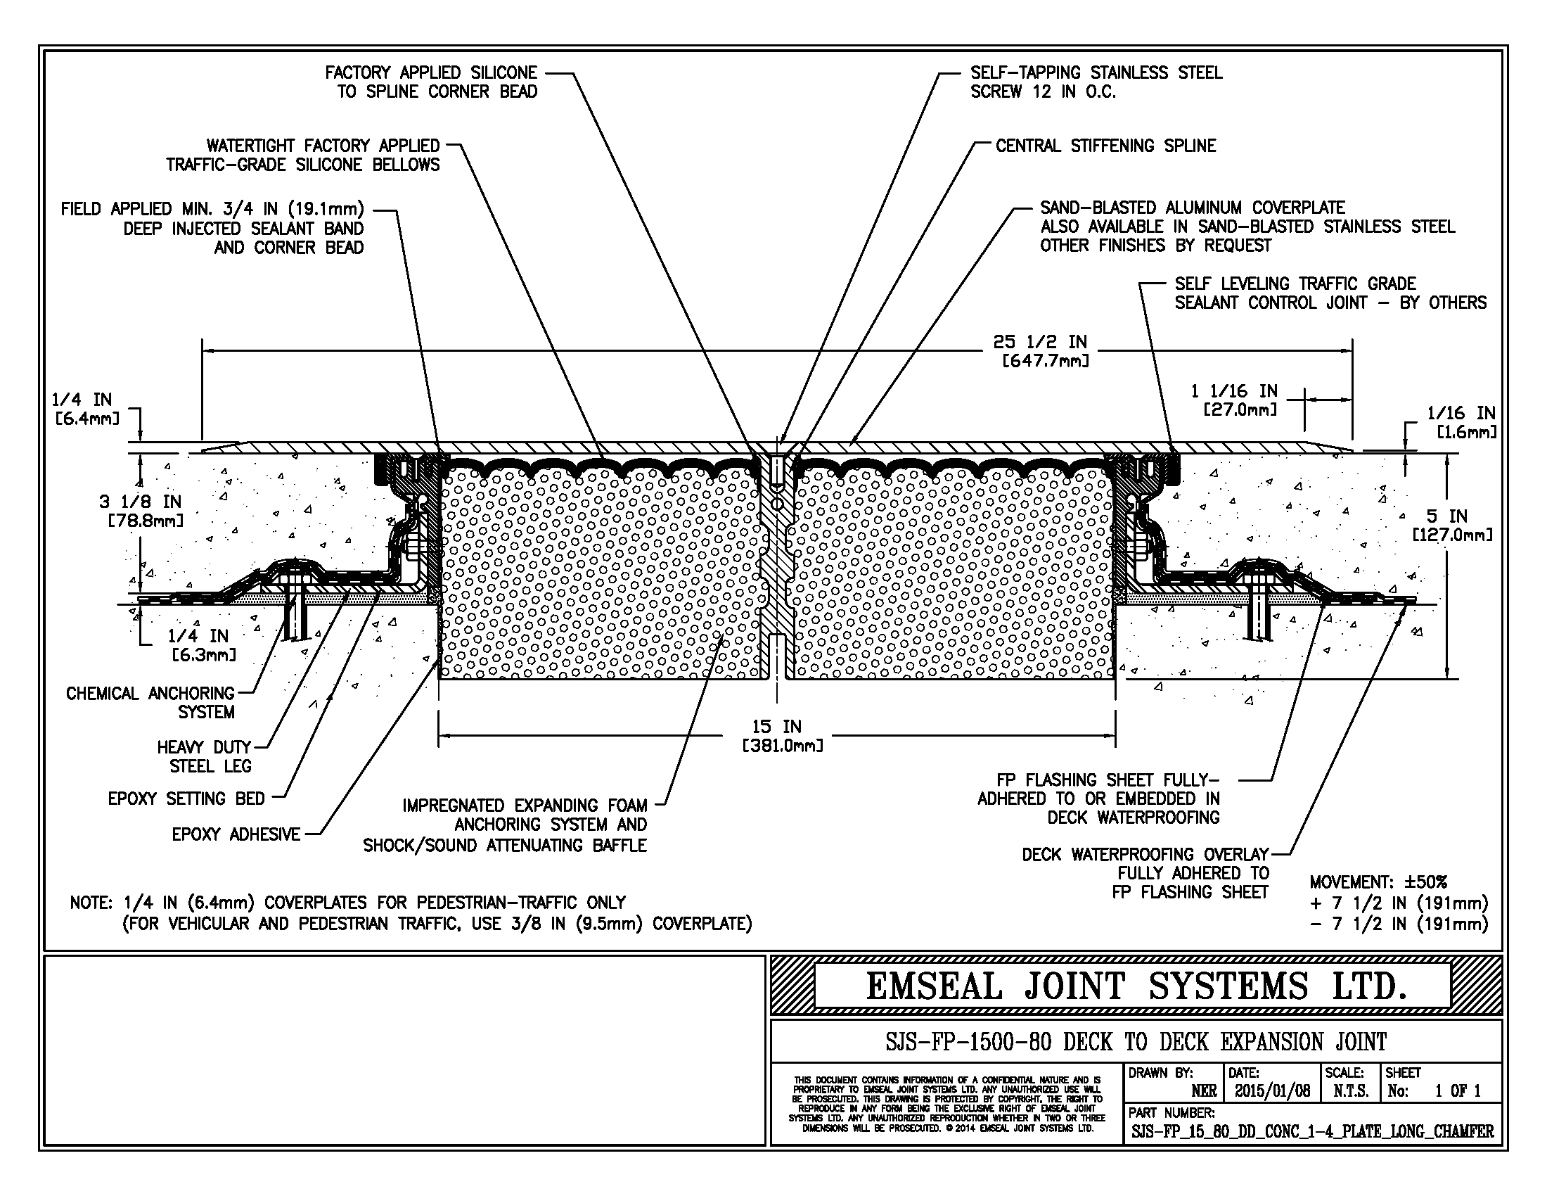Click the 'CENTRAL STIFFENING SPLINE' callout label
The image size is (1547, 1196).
(x=1105, y=146)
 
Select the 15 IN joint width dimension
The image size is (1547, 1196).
(x=776, y=727)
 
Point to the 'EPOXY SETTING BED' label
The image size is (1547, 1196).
(x=186, y=799)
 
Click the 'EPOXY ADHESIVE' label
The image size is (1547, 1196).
(x=236, y=834)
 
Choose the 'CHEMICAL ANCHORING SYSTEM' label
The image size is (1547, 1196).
(x=150, y=702)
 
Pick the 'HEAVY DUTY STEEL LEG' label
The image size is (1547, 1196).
(x=204, y=756)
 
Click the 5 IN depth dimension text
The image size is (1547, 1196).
(x=1447, y=516)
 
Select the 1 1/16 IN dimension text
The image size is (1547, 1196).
(x=1234, y=391)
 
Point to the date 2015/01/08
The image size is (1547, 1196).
(x=1272, y=1091)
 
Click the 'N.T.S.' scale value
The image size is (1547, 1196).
(x=1350, y=1091)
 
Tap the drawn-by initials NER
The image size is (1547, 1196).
(x=1203, y=1091)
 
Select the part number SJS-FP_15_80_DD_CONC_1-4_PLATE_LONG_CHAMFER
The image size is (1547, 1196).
(x=1312, y=1131)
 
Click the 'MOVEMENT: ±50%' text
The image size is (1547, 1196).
(x=1378, y=882)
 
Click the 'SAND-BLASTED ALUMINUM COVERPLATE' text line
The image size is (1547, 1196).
(x=1192, y=208)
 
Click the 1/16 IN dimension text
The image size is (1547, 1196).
(x=1461, y=413)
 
